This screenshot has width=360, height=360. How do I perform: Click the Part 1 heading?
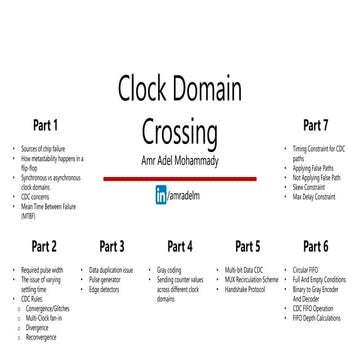pos(45,126)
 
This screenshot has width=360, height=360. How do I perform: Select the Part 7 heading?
pos(315,126)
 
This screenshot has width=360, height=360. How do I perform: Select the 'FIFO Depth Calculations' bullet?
pos(319,316)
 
